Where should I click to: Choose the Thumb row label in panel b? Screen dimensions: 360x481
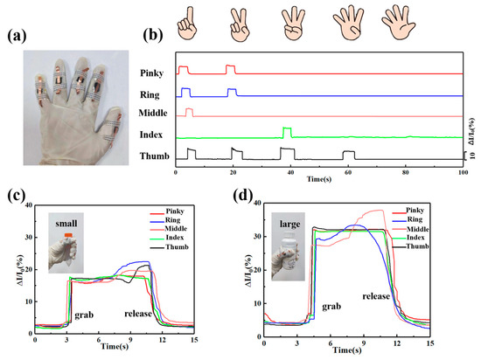pos(150,157)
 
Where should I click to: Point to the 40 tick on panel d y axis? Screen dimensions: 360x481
pos(255,204)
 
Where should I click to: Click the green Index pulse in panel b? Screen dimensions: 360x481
pos(287,131)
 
